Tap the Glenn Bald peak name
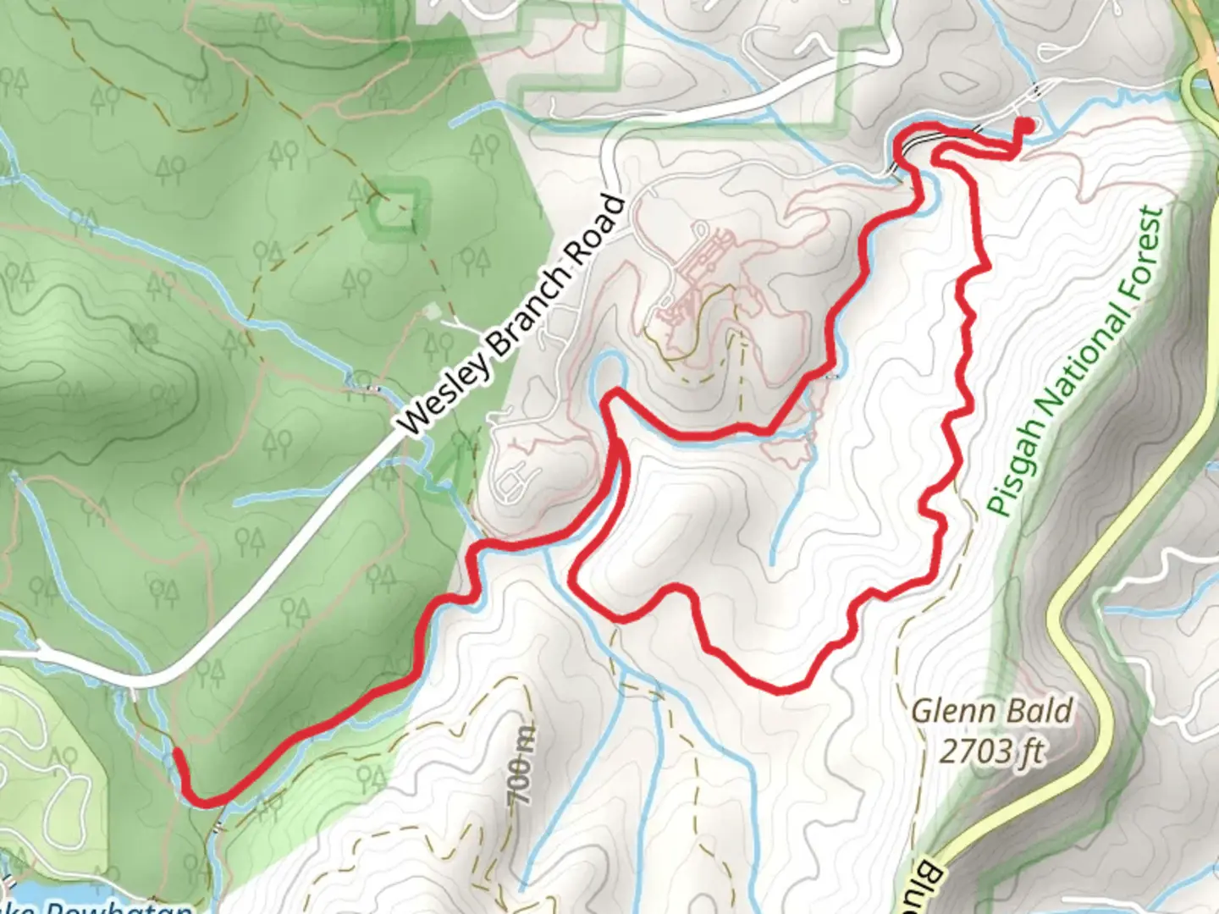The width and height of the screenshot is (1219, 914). point(991,711)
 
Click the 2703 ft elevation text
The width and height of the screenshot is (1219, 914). point(991,750)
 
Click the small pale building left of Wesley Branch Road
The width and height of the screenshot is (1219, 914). point(433,311)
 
